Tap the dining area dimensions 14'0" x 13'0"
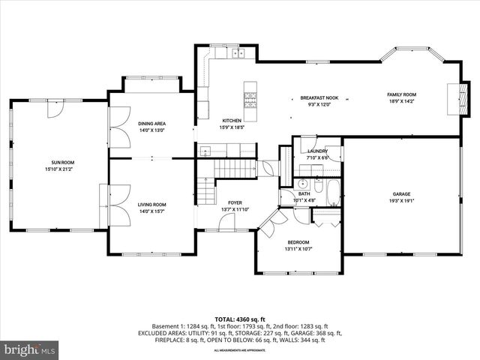point(152,130)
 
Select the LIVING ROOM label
point(151,204)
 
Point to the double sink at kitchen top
point(238,53)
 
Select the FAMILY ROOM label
point(401,94)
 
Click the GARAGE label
point(401,193)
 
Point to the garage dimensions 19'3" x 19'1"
point(401,201)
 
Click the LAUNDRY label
point(317,151)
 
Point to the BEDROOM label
point(298,241)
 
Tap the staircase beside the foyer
point(226,171)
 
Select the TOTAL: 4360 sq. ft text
point(240,319)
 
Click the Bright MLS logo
point(30,349)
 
